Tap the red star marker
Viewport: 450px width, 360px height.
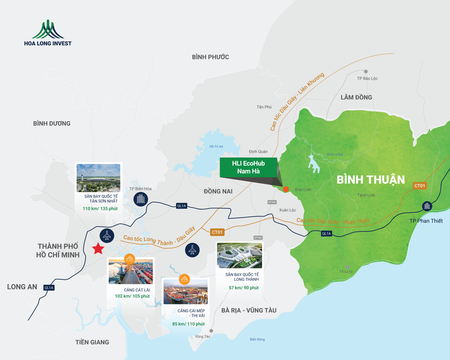pos(97,250)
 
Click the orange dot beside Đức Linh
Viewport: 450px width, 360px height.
pos(286,190)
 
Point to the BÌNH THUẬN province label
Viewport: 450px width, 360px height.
pos(371,179)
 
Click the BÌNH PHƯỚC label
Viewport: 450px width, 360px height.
pos(211,57)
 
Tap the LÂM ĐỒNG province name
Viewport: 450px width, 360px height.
pos(356,97)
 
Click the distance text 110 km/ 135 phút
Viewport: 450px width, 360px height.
pos(98,209)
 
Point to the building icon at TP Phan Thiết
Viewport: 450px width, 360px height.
pos(427,207)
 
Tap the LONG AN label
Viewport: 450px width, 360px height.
pos(22,287)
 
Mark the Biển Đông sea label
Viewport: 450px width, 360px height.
pos(257,340)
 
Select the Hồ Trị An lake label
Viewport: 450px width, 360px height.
pos(216,146)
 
